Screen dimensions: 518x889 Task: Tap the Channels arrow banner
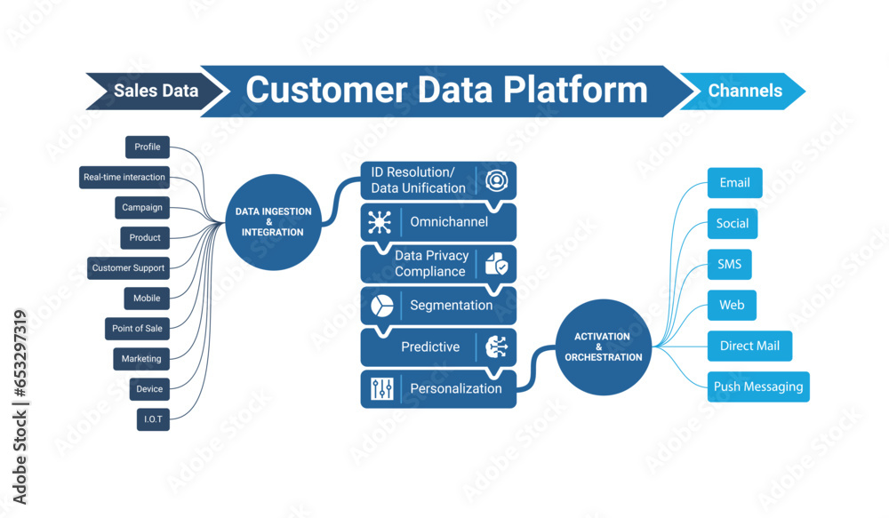(x=745, y=91)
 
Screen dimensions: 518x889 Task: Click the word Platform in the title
(x=574, y=91)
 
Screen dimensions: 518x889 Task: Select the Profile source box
(x=148, y=147)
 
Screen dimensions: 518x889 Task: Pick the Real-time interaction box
(x=124, y=178)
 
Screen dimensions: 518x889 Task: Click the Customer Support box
(x=129, y=268)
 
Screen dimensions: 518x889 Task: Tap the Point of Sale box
(x=137, y=329)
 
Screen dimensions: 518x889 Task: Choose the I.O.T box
(x=153, y=419)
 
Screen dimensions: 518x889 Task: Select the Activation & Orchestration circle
(x=602, y=347)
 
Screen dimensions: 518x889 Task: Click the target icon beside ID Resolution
(x=495, y=181)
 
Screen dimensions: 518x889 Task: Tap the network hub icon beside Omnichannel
(x=380, y=222)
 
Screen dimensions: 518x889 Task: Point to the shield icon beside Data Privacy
(x=495, y=264)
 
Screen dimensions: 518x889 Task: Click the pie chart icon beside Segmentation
(x=381, y=306)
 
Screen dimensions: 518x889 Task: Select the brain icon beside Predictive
(x=495, y=347)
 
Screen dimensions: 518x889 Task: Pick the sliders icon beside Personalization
(x=381, y=389)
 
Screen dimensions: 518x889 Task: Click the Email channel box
(x=734, y=183)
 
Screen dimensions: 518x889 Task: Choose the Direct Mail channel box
(x=749, y=347)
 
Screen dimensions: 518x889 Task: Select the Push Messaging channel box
(x=758, y=387)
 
